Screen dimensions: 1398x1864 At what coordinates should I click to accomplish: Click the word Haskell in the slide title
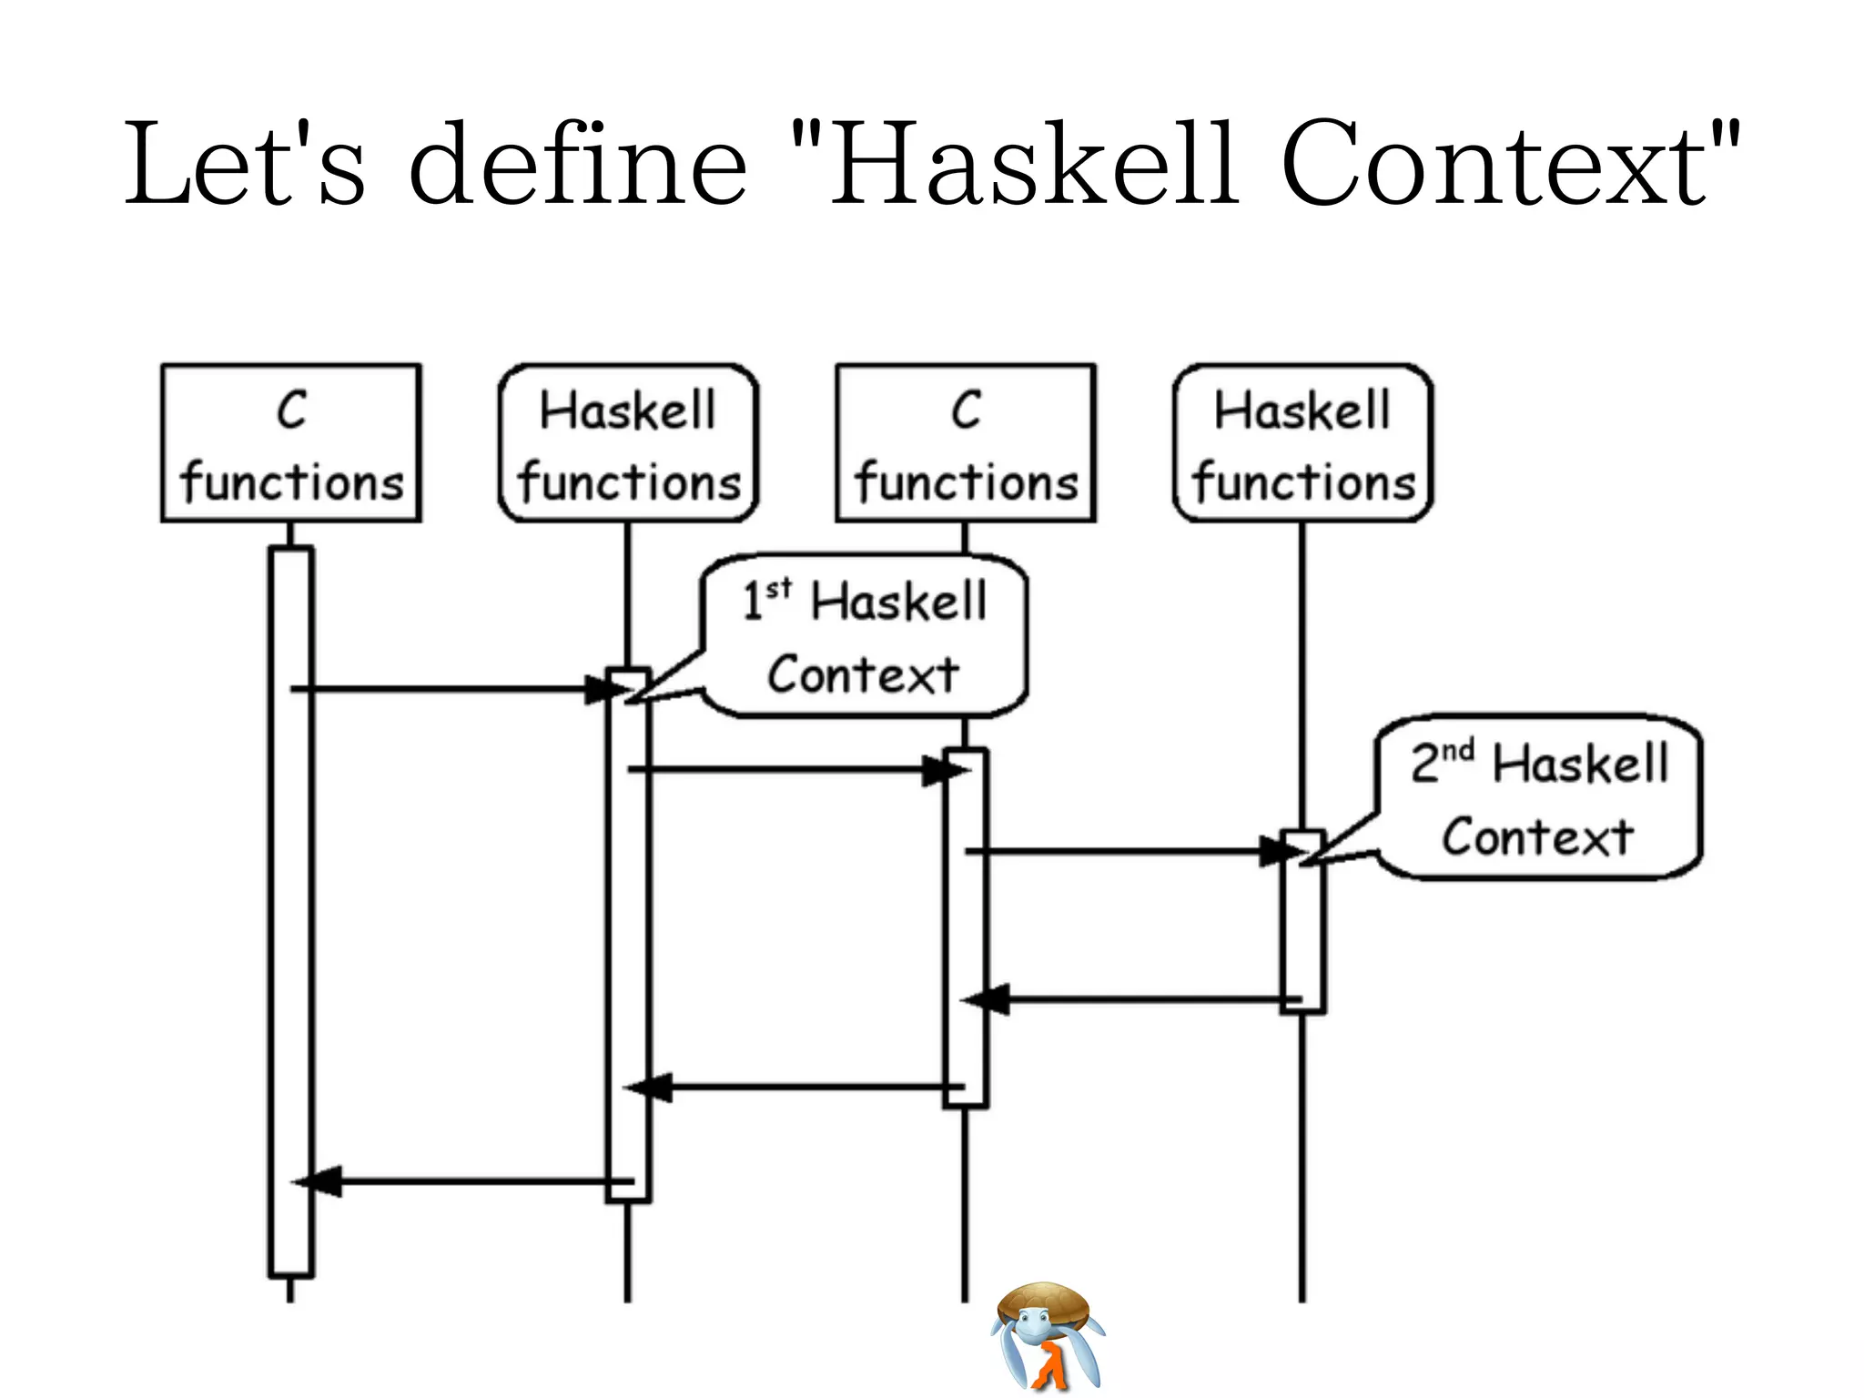[x=1033, y=164]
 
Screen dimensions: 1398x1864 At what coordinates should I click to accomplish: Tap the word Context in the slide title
[x=1493, y=164]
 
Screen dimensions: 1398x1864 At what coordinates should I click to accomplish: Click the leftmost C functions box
[x=291, y=443]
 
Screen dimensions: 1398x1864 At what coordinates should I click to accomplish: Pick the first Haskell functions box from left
[x=628, y=443]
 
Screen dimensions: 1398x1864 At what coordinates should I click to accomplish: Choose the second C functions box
[x=966, y=443]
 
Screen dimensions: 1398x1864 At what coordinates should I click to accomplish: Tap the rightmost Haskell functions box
[x=1302, y=443]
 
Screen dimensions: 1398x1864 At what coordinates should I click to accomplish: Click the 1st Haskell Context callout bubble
[x=865, y=637]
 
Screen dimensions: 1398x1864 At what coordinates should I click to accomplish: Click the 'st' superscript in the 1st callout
[x=779, y=589]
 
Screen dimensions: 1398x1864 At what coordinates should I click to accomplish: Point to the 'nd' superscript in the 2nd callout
[x=1457, y=751]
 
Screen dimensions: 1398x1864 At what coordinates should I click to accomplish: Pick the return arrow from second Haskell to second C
[x=1138, y=999]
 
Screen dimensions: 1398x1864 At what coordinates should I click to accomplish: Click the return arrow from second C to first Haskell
[x=801, y=1087]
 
